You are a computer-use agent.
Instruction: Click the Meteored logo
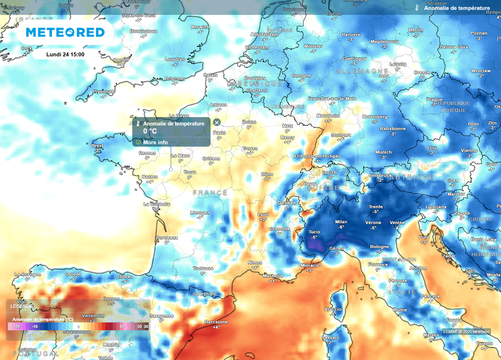pyautogui.click(x=65, y=32)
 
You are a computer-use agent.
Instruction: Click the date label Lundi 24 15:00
pyautogui.click(x=65, y=54)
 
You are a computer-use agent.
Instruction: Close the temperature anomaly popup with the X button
pyautogui.click(x=217, y=122)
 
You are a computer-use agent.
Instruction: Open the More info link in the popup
pyautogui.click(x=155, y=142)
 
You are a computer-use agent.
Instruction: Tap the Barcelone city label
pyautogui.click(x=216, y=322)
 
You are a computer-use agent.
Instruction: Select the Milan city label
pyautogui.click(x=341, y=222)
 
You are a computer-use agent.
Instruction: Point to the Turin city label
pyautogui.click(x=314, y=231)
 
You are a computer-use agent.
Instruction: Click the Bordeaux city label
pyautogui.click(x=167, y=237)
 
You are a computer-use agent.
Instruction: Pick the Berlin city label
pyautogui.click(x=416, y=30)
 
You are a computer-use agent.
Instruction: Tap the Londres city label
pyautogui.click(x=175, y=59)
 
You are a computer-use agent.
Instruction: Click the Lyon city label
pyautogui.click(x=264, y=214)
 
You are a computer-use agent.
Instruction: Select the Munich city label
pyautogui.click(x=384, y=152)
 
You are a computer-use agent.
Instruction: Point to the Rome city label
pyautogui.click(x=400, y=310)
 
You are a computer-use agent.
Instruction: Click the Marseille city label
pyautogui.click(x=273, y=275)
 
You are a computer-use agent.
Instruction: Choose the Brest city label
pyautogui.click(x=97, y=145)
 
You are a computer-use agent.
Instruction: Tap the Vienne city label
pyautogui.click(x=469, y=150)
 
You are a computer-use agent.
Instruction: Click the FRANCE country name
pyautogui.click(x=210, y=193)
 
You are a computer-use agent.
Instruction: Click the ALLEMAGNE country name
pyautogui.click(x=362, y=71)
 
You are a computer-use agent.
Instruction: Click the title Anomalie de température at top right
pyautogui.click(x=456, y=8)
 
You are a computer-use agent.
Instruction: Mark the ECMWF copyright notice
pyautogui.click(x=466, y=332)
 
